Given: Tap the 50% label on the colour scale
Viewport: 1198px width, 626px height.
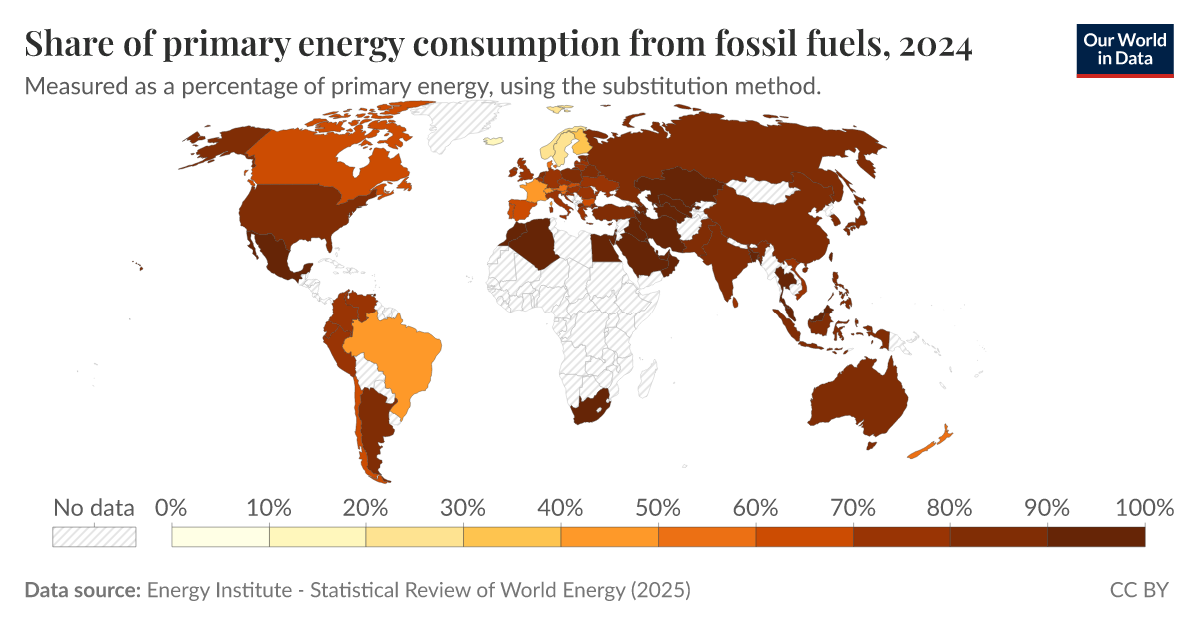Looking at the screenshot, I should tap(658, 507).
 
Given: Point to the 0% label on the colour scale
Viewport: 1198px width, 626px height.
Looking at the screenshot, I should tap(171, 507).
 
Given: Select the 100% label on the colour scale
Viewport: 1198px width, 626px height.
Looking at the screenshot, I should tap(1143, 507).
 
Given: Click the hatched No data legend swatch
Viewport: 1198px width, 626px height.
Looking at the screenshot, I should tap(94, 537).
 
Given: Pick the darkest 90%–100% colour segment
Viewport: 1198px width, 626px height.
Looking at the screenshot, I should tap(1096, 537).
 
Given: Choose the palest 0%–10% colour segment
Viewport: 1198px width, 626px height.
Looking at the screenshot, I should tap(220, 537).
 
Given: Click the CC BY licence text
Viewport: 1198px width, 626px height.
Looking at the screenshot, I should tap(1138, 590).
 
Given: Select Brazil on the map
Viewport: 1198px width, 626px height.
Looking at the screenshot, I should tap(399, 354).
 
